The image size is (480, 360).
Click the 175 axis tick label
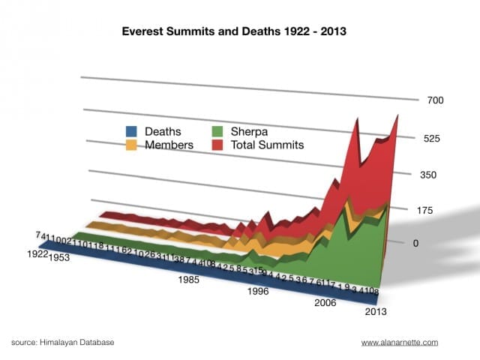tap(421, 211)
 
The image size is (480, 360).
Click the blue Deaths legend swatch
tap(130, 132)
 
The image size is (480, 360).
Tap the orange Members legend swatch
tap(130, 145)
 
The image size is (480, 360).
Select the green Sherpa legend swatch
tap(220, 132)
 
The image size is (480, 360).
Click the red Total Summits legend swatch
tap(220, 145)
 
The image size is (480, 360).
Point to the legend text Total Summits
tap(268, 145)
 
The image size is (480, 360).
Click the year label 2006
tap(325, 303)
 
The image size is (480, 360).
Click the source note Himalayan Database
tap(63, 342)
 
